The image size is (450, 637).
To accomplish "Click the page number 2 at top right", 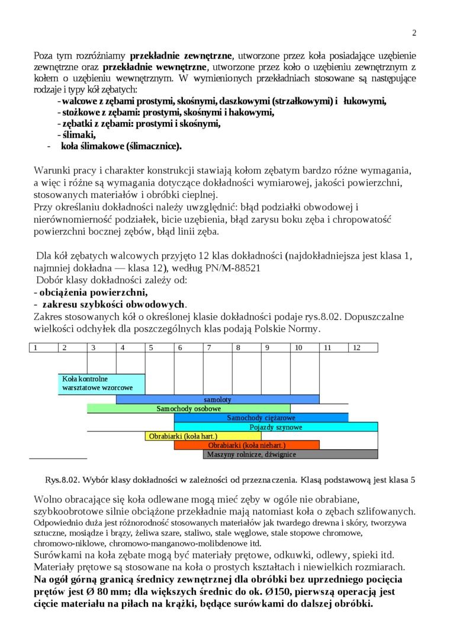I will [x=414, y=33].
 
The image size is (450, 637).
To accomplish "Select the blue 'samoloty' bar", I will [x=217, y=399].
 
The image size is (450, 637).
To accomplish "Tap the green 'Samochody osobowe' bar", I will [x=188, y=409].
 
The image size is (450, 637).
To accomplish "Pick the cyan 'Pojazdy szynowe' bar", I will [x=275, y=427].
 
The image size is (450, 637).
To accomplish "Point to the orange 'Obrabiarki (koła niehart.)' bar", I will [x=246, y=445].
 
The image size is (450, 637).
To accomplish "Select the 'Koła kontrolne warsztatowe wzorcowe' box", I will [x=101, y=383].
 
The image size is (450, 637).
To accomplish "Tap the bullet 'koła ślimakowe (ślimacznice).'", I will [x=121, y=146].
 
